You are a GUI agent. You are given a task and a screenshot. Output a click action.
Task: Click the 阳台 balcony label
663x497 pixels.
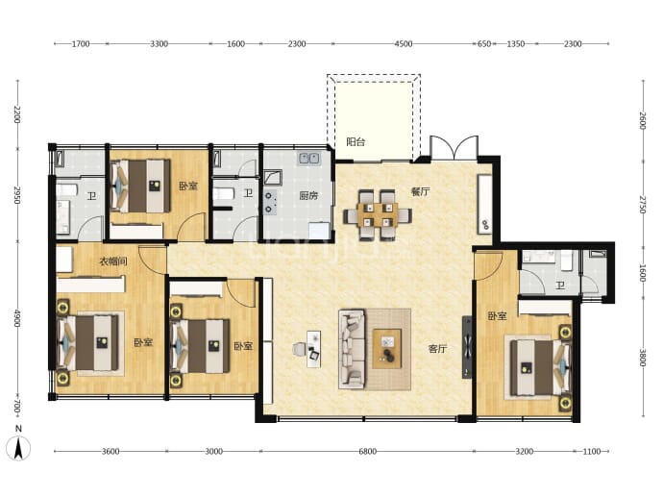pos(356,142)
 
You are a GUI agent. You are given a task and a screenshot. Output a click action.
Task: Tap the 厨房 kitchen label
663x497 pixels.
pos(308,195)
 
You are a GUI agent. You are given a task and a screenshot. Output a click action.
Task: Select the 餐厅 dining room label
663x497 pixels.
pos(420,191)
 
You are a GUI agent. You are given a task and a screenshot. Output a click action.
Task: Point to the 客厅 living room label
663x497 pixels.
pos(437,349)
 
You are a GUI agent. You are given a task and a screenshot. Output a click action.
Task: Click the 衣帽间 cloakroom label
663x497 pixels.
pos(113,261)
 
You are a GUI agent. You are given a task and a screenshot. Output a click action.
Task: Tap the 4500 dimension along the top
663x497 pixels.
pos(403,43)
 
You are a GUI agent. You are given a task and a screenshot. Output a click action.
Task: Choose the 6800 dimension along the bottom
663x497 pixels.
pos(367,451)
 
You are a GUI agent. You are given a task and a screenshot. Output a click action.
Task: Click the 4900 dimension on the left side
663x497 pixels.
pos(17,318)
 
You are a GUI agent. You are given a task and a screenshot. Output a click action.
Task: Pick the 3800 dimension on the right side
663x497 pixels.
pos(643,358)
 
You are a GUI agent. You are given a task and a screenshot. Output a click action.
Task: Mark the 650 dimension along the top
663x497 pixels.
pos(484,43)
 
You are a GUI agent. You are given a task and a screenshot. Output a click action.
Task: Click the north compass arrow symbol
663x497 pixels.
pos(18,448)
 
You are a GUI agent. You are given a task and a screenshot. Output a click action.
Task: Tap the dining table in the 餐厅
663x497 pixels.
pos(378,215)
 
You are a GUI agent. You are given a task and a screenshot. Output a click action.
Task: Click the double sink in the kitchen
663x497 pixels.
pos(309,159)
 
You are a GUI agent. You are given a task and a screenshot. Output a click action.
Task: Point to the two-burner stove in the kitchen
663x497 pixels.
pos(270,202)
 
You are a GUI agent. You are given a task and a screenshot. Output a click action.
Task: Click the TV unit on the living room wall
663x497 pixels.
pos(467,347)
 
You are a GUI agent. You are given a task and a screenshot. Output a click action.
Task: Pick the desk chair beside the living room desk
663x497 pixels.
pos(299,349)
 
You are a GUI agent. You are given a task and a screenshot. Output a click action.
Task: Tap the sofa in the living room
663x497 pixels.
pos(352,349)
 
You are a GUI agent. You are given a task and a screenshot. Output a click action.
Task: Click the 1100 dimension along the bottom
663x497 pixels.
pos(592,451)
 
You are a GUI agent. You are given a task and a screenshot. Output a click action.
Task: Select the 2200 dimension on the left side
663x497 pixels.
pos(17,114)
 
